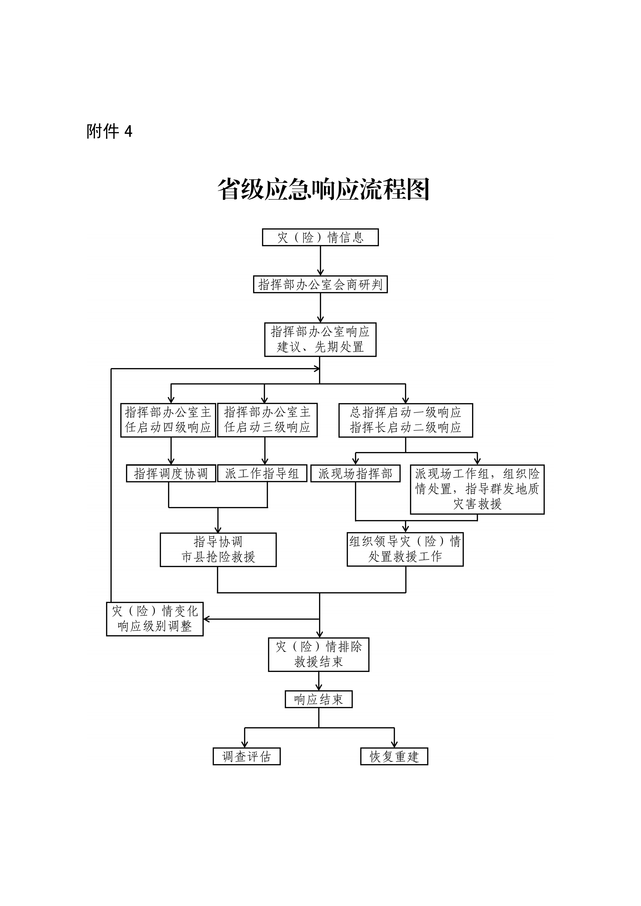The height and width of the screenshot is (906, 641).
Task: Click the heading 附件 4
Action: click(109, 131)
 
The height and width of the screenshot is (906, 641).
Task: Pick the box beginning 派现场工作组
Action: click(477, 489)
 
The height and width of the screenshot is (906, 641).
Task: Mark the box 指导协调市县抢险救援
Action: click(218, 550)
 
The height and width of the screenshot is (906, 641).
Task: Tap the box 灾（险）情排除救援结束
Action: click(319, 654)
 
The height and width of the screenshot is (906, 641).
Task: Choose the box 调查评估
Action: click(247, 756)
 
